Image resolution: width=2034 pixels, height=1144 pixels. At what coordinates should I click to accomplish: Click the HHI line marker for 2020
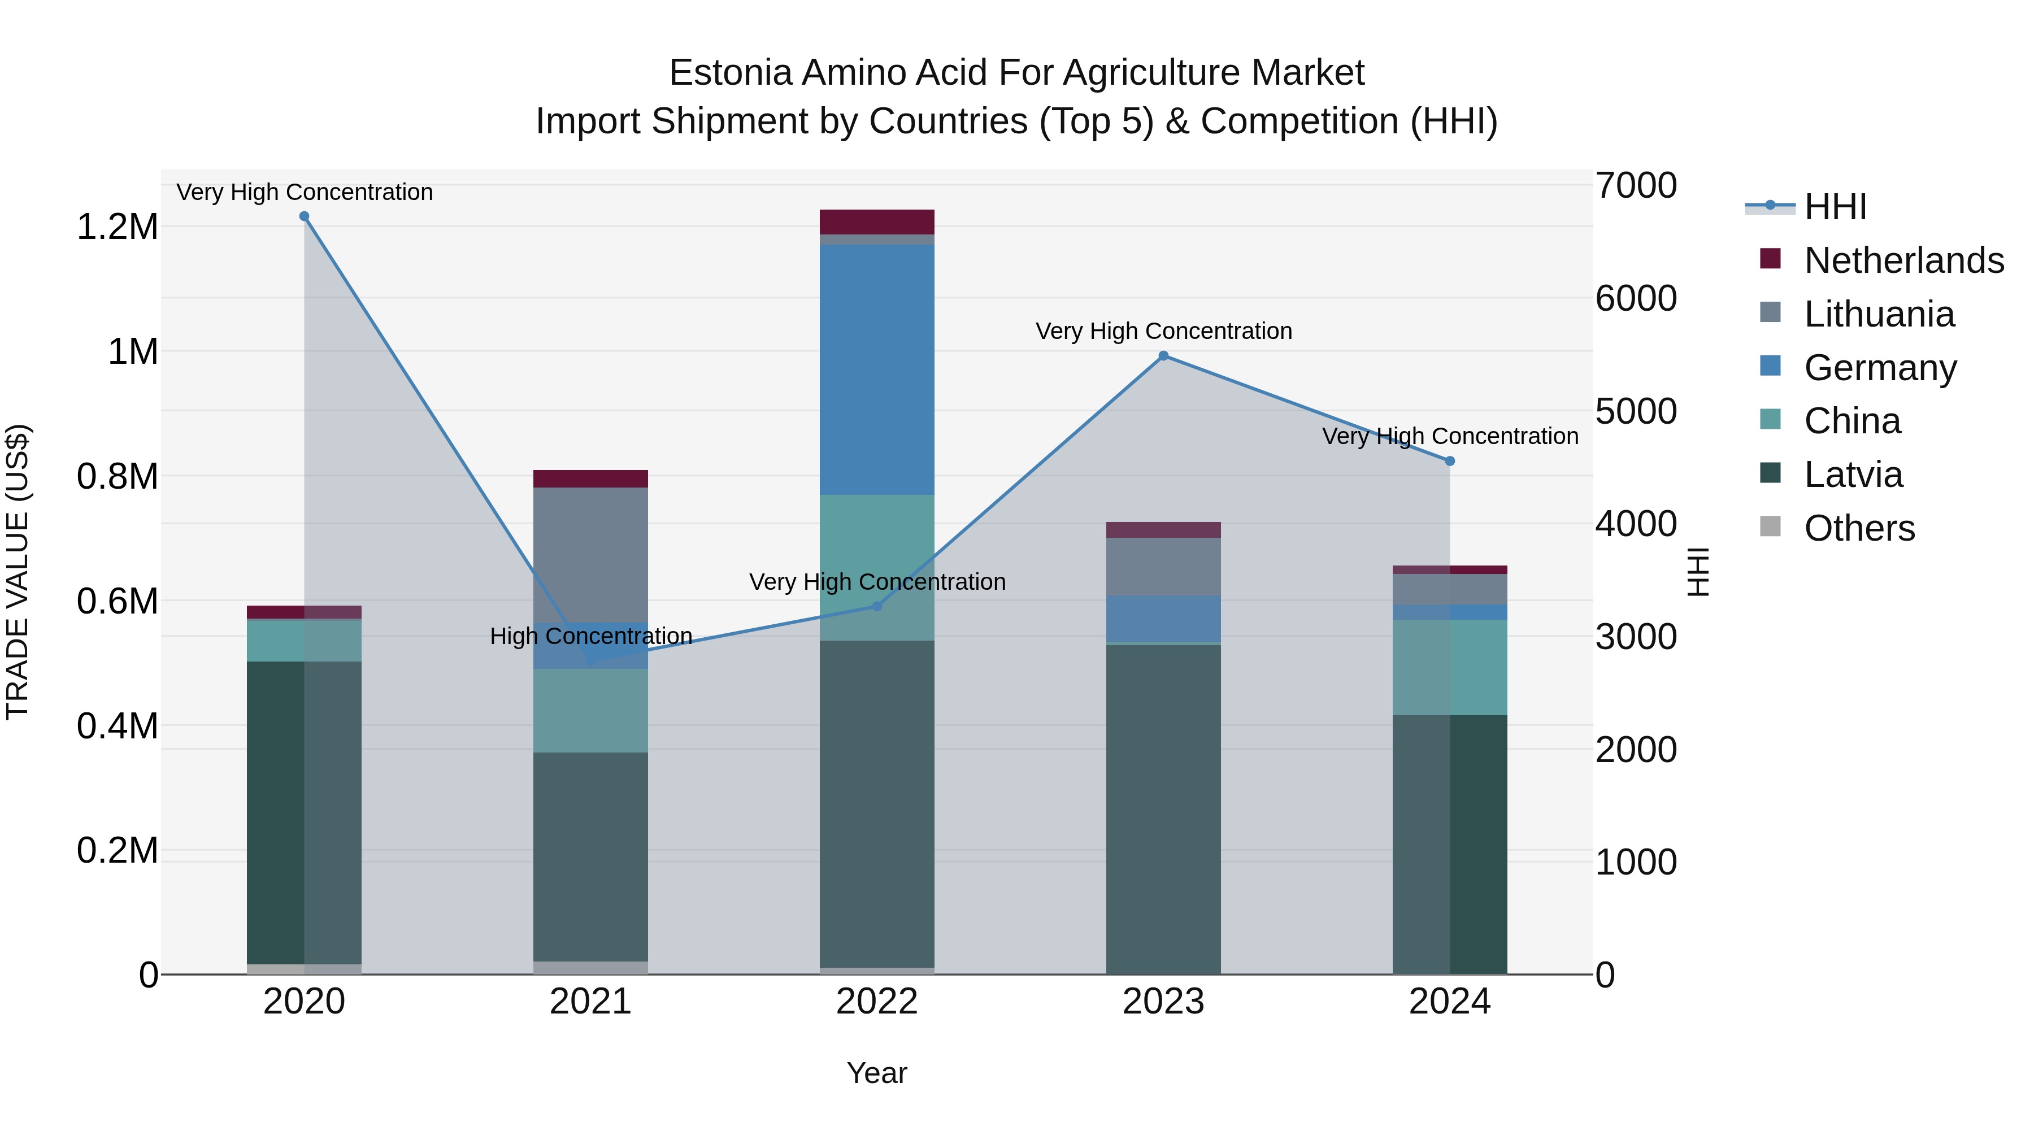(x=304, y=216)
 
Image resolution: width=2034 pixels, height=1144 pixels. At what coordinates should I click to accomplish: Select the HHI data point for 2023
(x=1163, y=356)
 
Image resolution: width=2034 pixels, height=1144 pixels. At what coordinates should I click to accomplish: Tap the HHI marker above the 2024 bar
(x=1450, y=461)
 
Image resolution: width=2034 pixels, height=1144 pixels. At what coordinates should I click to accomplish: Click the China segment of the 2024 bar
(x=1450, y=667)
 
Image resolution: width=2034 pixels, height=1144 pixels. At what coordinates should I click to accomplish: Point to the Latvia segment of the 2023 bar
(x=1163, y=809)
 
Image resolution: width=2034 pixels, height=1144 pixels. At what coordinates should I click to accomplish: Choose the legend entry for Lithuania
(x=1879, y=314)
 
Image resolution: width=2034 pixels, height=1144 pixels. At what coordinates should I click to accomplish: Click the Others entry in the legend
(x=1859, y=528)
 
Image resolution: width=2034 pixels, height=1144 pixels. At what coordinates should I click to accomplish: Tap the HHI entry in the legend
(x=1835, y=207)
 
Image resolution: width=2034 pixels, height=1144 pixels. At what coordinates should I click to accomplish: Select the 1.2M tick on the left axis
(x=117, y=227)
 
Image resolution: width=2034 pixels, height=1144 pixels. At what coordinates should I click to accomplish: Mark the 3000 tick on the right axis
(x=1635, y=636)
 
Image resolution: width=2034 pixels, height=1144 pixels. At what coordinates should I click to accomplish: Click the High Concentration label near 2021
(x=590, y=636)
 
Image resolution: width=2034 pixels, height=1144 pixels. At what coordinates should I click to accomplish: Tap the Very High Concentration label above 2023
(x=1163, y=331)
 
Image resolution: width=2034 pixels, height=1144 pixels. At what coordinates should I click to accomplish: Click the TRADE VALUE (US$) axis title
(x=18, y=572)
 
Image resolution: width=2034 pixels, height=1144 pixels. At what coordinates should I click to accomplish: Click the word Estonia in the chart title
(x=731, y=73)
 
